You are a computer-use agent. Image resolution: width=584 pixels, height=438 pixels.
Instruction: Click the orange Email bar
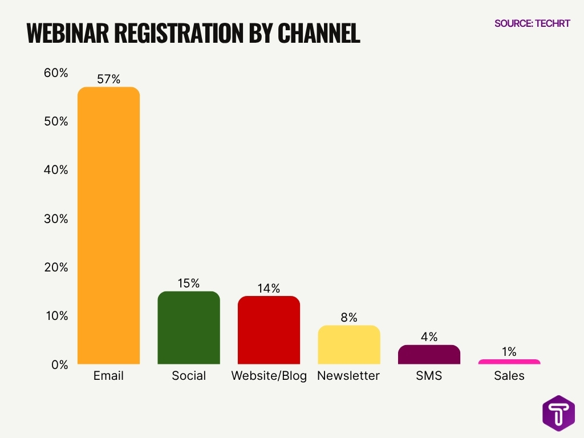108,225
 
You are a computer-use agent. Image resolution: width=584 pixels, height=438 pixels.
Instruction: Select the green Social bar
189,328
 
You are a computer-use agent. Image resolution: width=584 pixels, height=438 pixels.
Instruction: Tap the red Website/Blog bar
269,330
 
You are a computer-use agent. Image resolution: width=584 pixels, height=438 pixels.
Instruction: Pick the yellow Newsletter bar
349,345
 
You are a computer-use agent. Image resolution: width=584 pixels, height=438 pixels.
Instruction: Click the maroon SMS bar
429,355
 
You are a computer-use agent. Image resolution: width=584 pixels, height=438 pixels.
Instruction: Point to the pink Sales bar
509,362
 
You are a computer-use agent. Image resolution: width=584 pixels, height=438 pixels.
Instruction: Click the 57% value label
108,79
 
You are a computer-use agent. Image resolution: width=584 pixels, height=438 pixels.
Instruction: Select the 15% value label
189,283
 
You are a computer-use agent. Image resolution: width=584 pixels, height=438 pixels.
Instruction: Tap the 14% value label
269,289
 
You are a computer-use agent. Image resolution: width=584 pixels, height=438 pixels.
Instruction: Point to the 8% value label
349,318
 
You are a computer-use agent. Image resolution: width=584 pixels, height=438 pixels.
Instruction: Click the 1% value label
509,352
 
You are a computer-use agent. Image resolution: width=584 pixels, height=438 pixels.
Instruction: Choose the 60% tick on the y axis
56,73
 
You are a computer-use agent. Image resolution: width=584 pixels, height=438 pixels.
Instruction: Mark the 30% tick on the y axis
56,219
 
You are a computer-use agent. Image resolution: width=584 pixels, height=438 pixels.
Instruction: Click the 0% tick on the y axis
59,364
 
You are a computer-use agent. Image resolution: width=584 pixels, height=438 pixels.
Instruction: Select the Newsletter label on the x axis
348,376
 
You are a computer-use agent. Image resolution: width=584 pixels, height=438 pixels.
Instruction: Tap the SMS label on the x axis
429,376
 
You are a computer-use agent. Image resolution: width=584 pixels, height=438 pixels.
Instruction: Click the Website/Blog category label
269,376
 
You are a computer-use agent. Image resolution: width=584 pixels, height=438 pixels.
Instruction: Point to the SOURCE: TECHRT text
532,23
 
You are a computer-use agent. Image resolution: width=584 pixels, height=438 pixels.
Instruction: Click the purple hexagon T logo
558,413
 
